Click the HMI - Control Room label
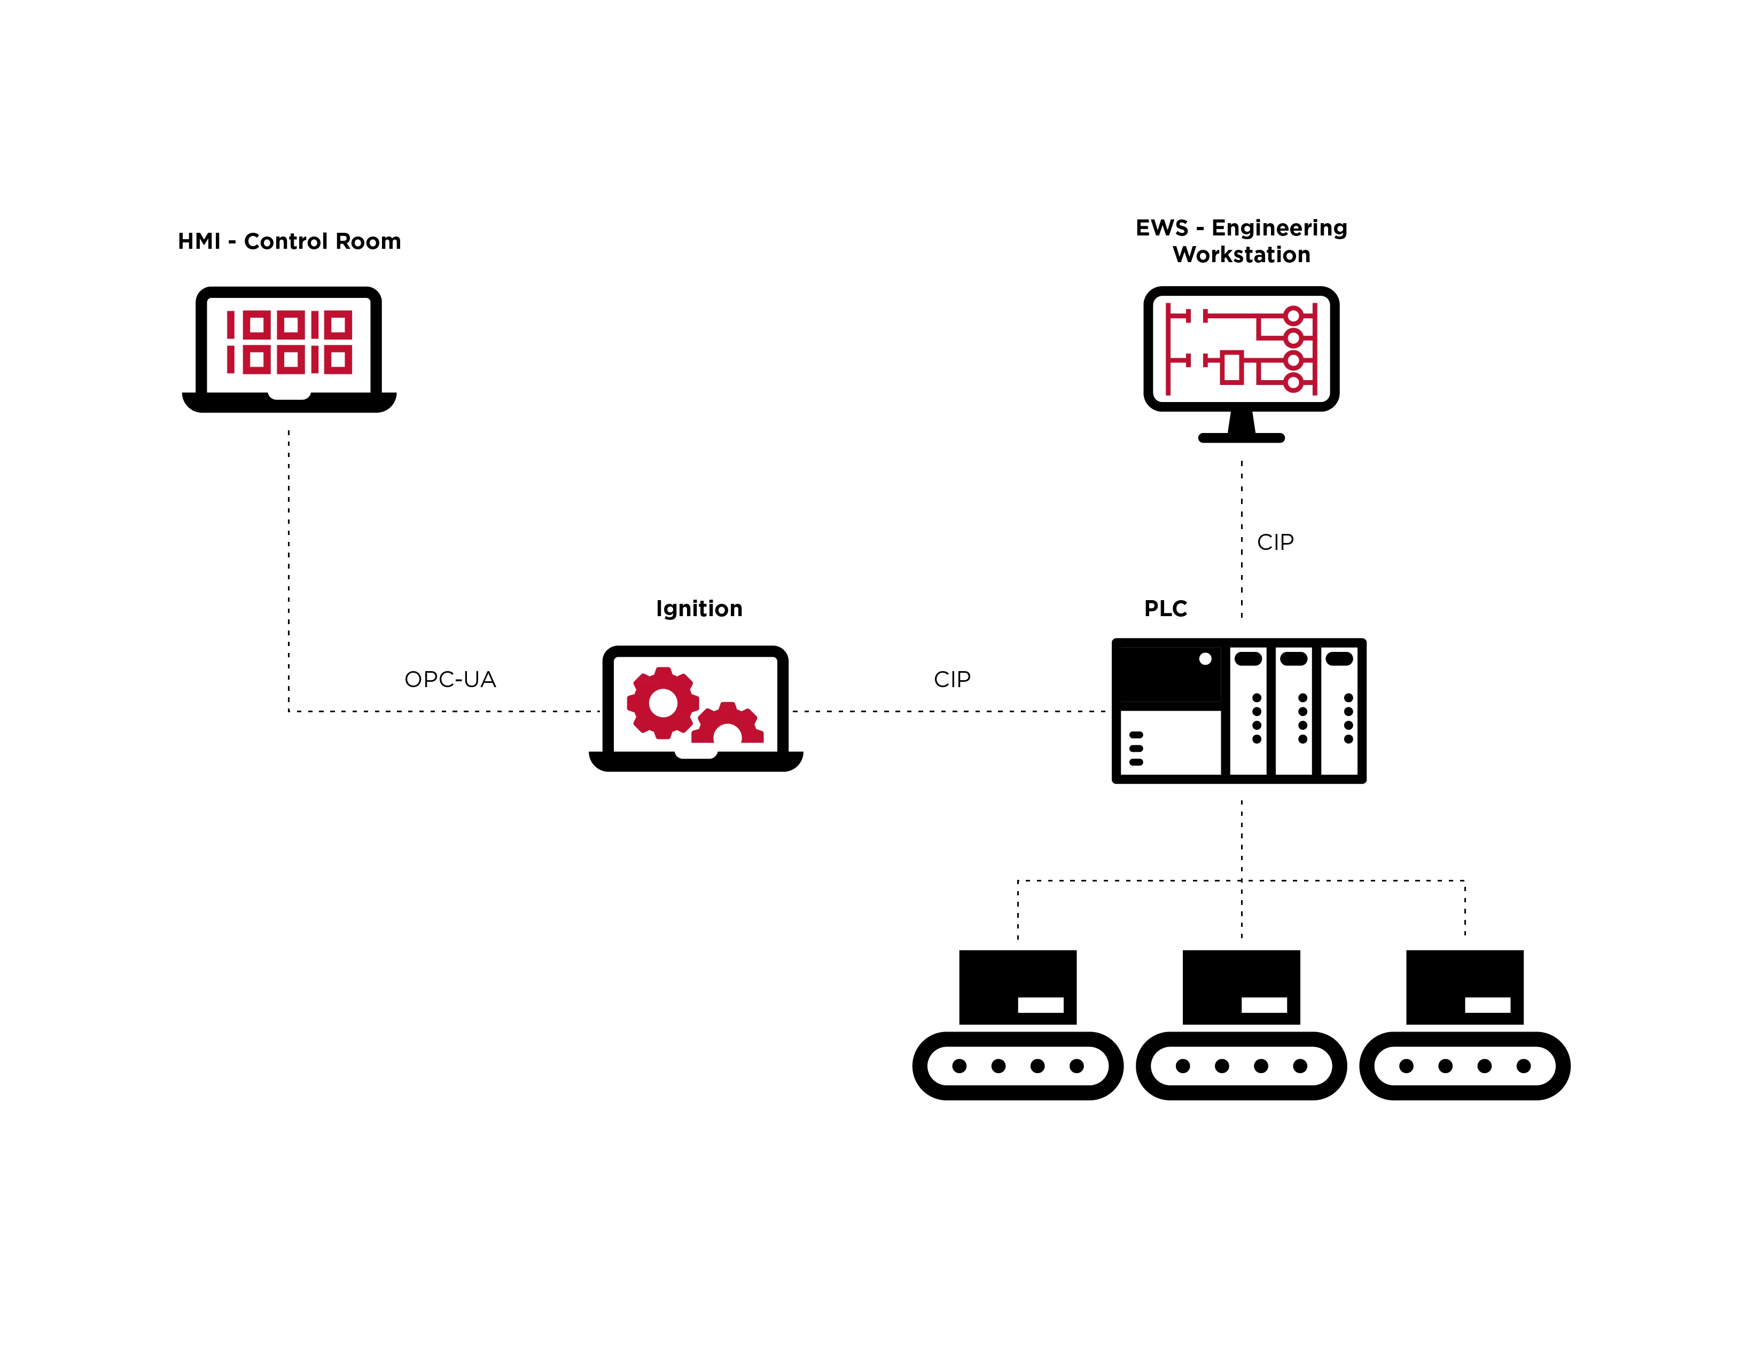click(x=289, y=241)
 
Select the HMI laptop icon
click(x=289, y=349)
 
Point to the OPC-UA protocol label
click(x=450, y=679)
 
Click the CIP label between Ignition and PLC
click(x=951, y=679)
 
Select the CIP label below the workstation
click(x=1275, y=542)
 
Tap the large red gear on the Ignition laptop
click(x=663, y=703)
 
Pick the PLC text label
click(x=1165, y=608)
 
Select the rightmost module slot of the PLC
click(x=1340, y=710)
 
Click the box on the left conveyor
click(x=1017, y=986)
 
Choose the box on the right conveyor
click(x=1464, y=986)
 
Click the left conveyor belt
click(x=1017, y=1065)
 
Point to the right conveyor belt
click(x=1464, y=1065)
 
